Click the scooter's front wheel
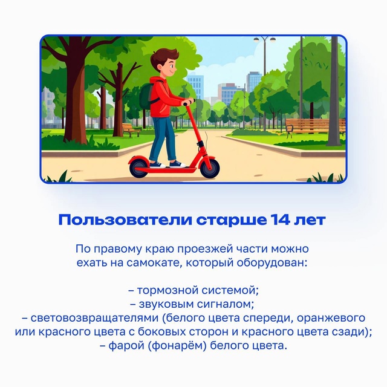[210, 169]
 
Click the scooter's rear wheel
[138, 169]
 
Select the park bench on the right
[316, 126]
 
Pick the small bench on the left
[131, 129]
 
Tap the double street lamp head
[264, 39]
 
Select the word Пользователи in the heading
[125, 220]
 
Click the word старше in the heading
[232, 221]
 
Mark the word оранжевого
[331, 318]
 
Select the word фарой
[126, 346]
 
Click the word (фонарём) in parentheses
[177, 346]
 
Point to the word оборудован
[272, 263]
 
